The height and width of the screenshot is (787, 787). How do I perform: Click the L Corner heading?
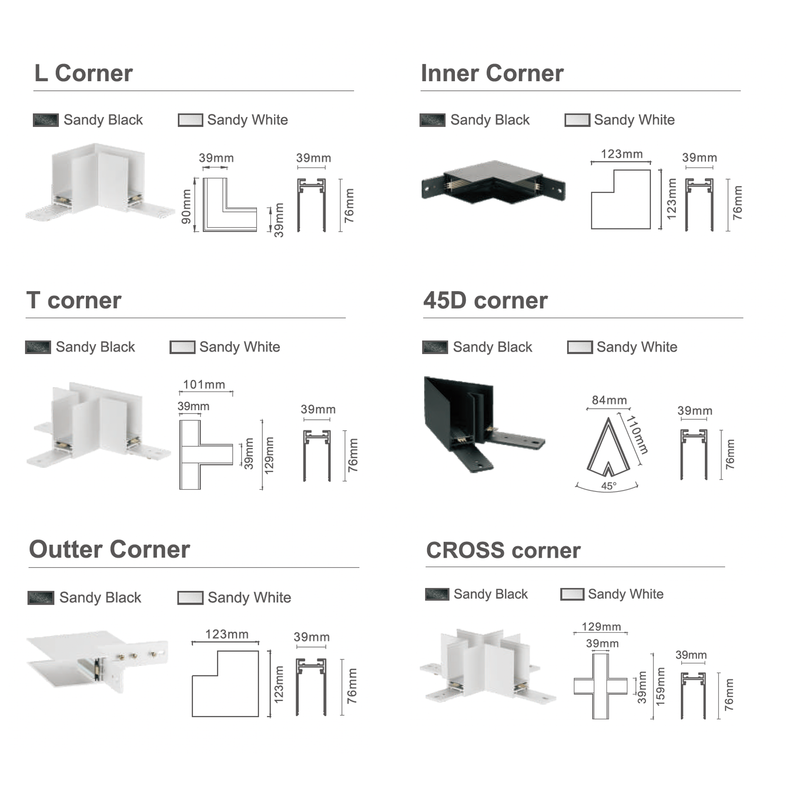point(84,73)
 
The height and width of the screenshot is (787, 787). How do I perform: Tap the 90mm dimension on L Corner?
point(186,207)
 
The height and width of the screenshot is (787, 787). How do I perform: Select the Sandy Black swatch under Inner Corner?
point(432,120)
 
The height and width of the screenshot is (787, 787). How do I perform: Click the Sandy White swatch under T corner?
point(182,347)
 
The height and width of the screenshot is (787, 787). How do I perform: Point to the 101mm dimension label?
point(204,385)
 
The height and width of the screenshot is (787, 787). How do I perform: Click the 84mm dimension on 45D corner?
point(609,400)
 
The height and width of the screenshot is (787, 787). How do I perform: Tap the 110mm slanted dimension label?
point(637,435)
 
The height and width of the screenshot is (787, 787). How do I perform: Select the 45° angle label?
point(609,486)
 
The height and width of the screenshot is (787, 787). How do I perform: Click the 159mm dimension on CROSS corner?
point(660,687)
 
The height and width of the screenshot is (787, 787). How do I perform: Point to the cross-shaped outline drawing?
point(600,686)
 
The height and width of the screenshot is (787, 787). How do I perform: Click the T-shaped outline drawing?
point(206,454)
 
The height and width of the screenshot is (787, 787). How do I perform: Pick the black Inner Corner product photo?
point(493,182)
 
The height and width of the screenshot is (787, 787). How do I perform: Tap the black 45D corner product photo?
point(484,424)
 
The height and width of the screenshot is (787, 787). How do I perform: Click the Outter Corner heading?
point(109,549)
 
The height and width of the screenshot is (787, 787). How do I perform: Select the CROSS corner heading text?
point(503,550)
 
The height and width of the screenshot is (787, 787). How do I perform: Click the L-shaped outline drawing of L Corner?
point(229,205)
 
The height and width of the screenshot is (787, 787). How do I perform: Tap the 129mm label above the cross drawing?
point(601,627)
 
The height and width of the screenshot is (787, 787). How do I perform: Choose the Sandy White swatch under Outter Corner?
point(190,598)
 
